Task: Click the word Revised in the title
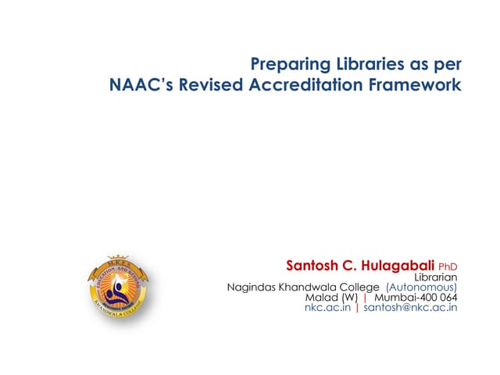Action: point(210,85)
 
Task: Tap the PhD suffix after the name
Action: point(448,266)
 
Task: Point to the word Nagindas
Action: point(253,287)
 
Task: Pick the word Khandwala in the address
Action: point(311,287)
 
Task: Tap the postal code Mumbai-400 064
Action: point(416,298)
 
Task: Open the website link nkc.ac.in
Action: point(327,308)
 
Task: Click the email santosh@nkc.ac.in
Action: point(410,308)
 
